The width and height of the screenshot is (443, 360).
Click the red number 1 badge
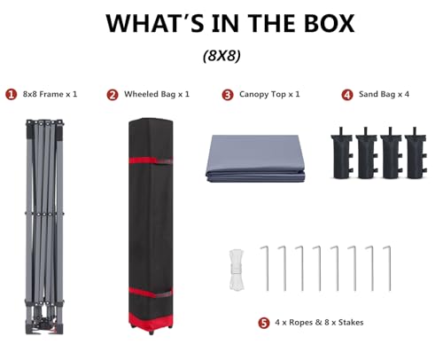12,95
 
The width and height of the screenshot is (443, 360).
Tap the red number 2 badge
113,95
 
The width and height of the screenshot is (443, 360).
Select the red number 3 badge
228,95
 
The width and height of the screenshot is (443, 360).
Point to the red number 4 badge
347,95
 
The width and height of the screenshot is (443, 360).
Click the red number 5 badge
264,323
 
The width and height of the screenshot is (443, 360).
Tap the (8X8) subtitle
221,55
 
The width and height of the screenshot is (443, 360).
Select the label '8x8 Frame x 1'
50,94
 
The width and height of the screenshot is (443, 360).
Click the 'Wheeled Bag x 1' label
157,94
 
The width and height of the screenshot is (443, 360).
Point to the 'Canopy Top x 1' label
269,94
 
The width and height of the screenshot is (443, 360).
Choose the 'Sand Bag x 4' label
384,94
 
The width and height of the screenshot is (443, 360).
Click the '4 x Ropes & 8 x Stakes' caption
319,322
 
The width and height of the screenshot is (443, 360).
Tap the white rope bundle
237,270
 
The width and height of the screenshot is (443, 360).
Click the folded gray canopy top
255,159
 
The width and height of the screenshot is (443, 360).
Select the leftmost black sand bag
342,153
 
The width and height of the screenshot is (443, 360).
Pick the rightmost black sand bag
416,153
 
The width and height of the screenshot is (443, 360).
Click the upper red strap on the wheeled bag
151,160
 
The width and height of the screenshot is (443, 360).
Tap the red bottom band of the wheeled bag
151,319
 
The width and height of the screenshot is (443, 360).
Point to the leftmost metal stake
265,268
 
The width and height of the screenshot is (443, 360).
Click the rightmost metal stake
388,268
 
